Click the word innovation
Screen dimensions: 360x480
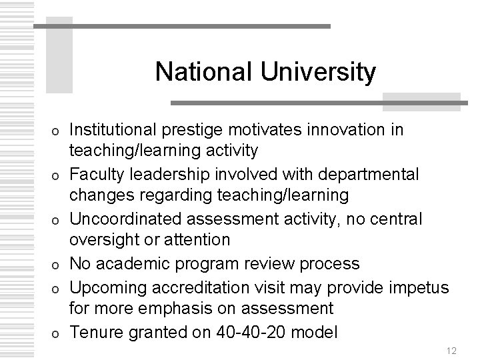349,129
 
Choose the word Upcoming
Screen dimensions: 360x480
107,287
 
